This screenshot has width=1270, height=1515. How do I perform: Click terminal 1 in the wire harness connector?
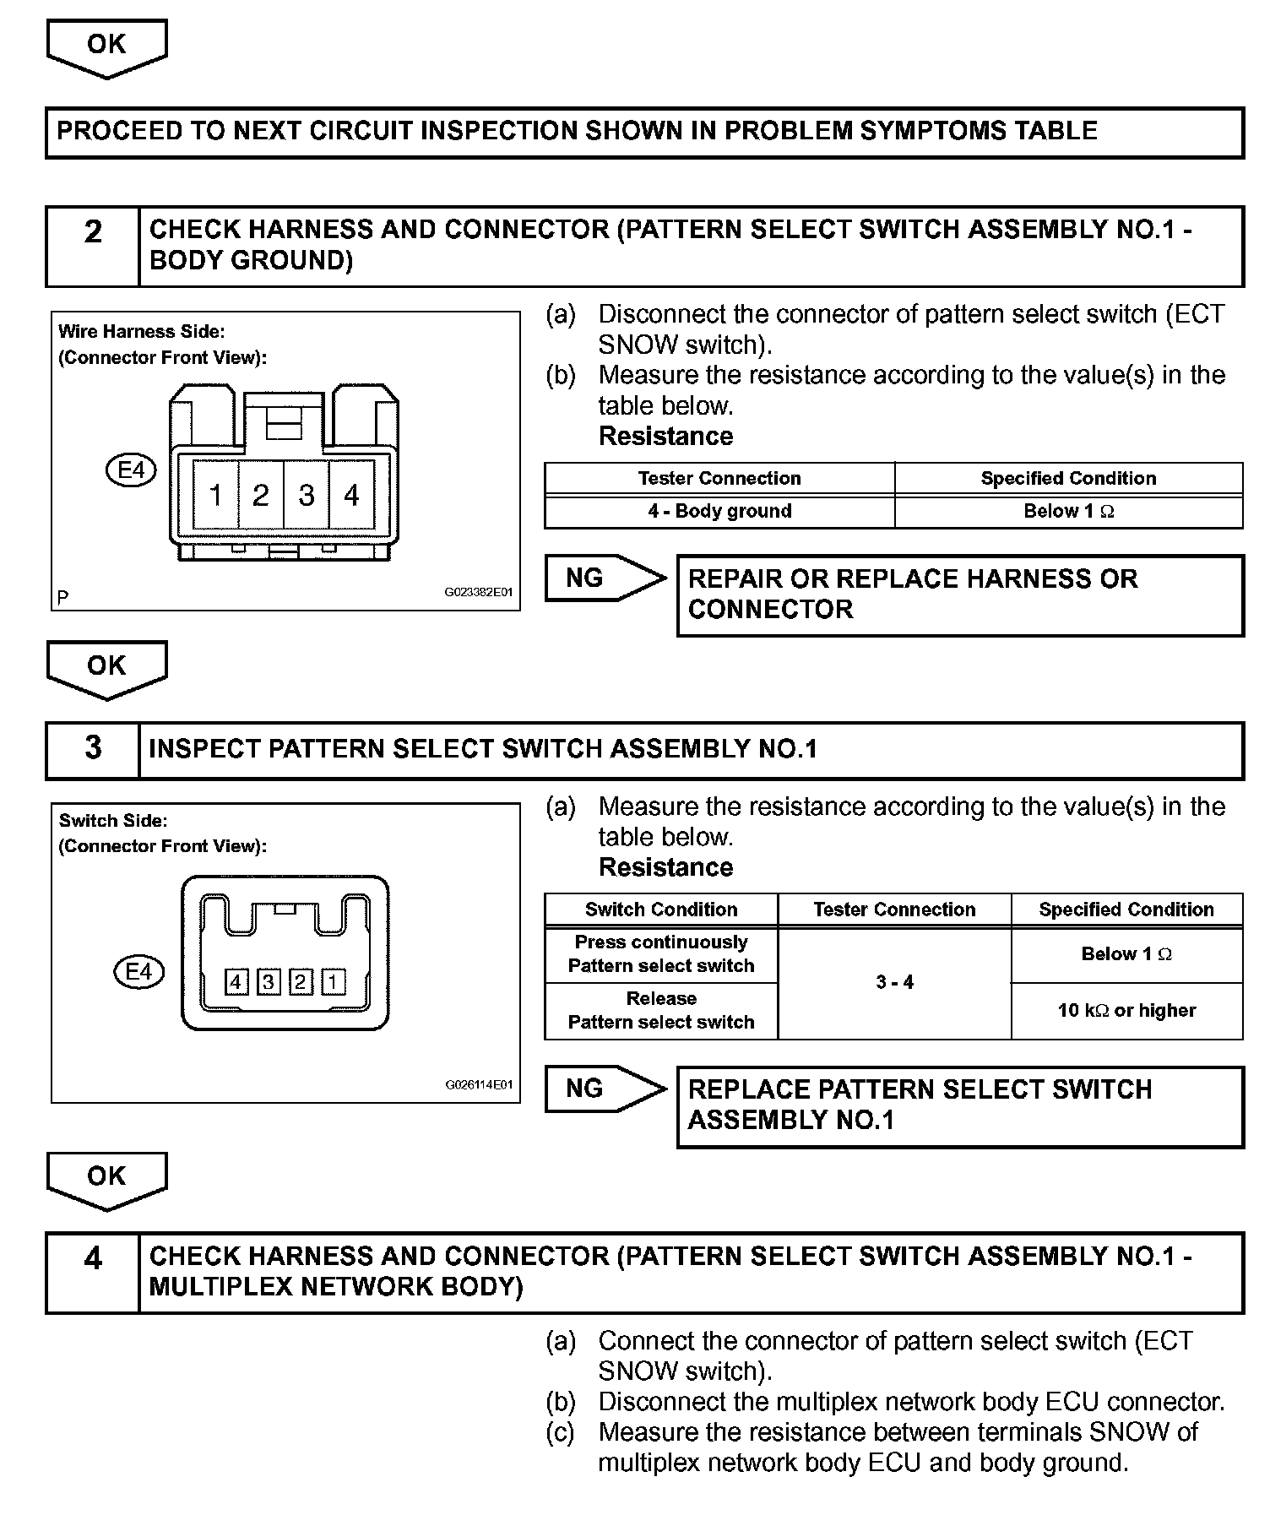coord(216,495)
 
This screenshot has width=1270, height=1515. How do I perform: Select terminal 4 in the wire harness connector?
coord(352,495)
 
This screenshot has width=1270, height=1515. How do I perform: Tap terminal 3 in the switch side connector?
coord(269,982)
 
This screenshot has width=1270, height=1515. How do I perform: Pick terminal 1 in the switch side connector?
coord(334,982)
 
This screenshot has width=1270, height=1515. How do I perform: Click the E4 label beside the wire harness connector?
coord(132,470)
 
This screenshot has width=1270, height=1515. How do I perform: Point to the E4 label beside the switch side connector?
coord(138,972)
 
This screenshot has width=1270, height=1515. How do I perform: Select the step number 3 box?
coord(93,748)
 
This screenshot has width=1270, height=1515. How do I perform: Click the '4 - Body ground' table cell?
coord(719,511)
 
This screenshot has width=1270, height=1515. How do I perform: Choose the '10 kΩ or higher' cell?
coord(1126,1011)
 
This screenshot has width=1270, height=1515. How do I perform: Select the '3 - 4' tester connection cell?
coord(894,982)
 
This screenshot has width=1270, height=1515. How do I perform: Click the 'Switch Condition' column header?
coord(661,910)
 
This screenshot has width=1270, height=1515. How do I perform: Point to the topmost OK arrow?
coord(106,46)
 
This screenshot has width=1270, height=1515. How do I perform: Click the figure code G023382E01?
coord(478,593)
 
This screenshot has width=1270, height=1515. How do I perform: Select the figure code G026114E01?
coord(478,1084)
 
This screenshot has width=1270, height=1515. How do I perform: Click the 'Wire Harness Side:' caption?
coord(141,332)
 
